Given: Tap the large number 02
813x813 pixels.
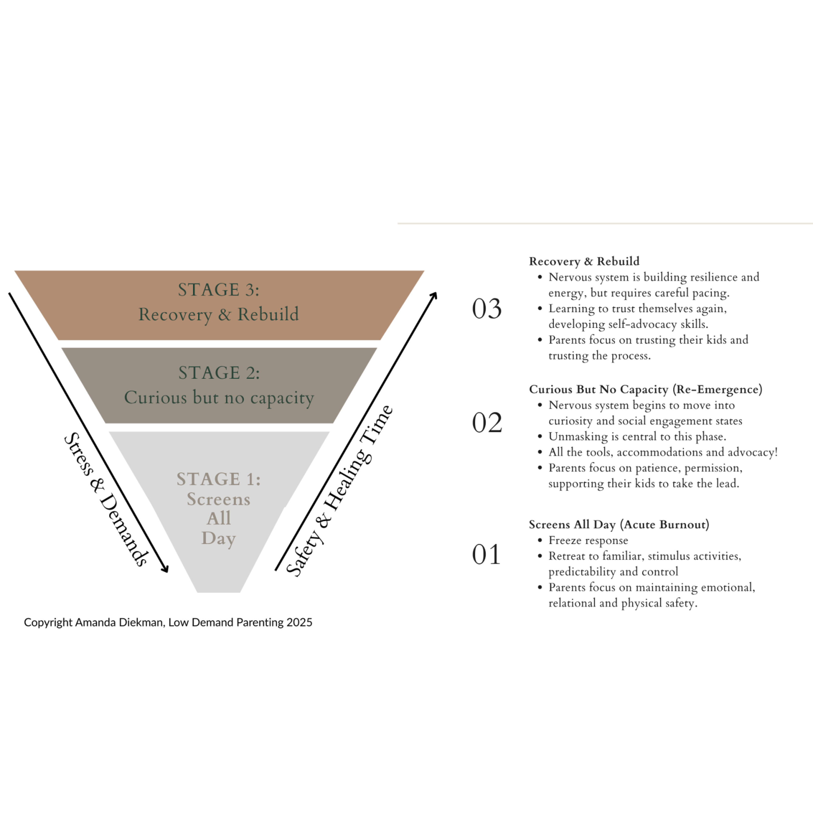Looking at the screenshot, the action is pos(487,423).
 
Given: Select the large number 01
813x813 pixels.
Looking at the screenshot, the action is pos(486,555).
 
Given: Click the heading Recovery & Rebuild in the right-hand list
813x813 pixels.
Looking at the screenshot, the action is pos(584,261).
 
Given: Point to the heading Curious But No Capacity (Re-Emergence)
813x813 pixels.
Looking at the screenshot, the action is pos(646,389).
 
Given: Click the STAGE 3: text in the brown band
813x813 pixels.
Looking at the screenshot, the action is pos(218,290).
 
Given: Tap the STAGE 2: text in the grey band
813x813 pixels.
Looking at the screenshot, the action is pos(219,373).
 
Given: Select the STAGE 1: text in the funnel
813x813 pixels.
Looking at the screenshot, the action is pos(218,479).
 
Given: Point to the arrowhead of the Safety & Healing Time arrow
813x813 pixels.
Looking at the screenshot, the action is pos(435,295).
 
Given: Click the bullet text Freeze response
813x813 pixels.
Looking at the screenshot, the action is pos(588,540).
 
